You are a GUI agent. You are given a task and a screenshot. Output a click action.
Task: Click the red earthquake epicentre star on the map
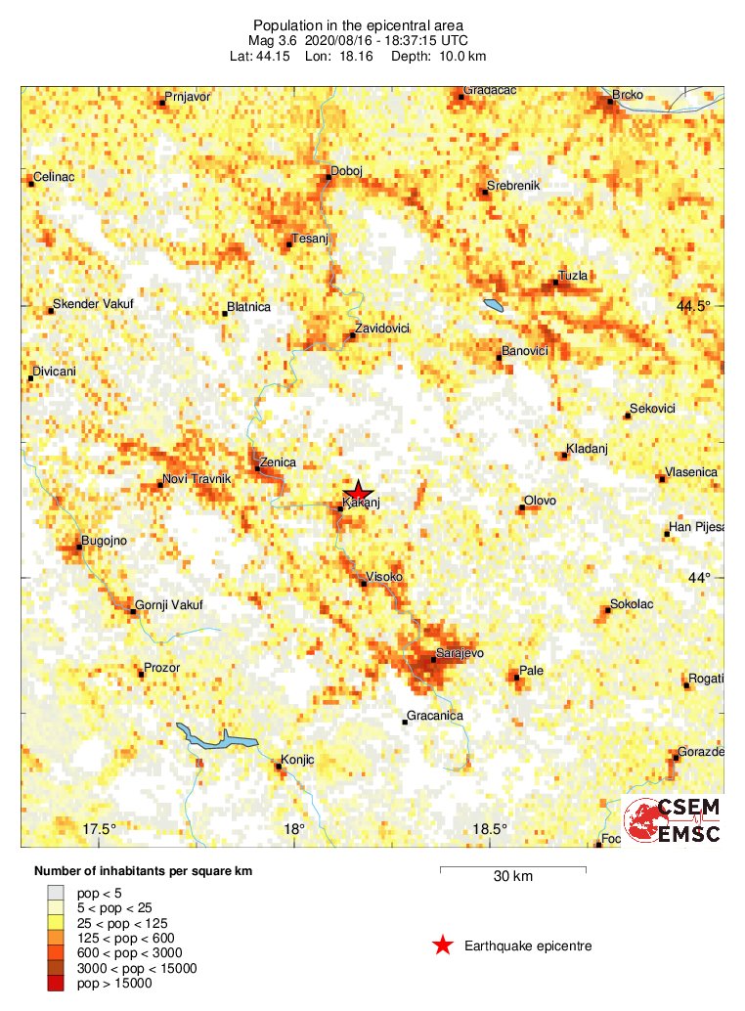[x=359, y=492]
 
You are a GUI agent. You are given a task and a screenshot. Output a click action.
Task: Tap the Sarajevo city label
[x=460, y=652]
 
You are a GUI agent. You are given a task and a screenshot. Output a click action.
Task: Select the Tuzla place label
[x=573, y=276]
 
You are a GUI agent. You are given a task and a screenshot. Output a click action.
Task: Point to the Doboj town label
[x=347, y=171]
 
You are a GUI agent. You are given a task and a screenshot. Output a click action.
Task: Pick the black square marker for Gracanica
[x=405, y=723]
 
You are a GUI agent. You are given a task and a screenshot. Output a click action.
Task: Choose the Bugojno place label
[x=105, y=540]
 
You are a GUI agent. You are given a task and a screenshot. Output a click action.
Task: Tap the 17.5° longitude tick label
[x=99, y=829]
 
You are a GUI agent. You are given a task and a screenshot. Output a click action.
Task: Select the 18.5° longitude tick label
[x=489, y=829]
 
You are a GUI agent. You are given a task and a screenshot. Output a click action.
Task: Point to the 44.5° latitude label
[x=694, y=306]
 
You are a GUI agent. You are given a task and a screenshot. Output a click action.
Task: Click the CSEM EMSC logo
[x=672, y=820]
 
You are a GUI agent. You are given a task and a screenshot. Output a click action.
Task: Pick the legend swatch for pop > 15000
[x=56, y=983]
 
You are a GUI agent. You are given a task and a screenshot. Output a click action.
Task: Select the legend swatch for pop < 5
[x=56, y=891]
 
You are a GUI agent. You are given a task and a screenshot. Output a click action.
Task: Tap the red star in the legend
[x=443, y=945]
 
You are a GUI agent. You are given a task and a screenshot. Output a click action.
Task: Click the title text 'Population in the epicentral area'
[x=359, y=24]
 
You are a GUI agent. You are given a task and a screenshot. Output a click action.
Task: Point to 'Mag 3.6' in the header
[x=272, y=40]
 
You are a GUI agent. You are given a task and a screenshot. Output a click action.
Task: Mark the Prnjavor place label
[x=188, y=97]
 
